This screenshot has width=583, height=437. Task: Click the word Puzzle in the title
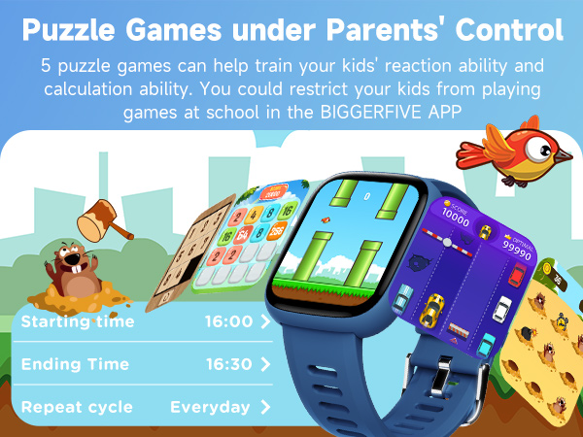pyautogui.click(x=74, y=28)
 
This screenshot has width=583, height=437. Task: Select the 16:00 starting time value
pyautogui.click(x=228, y=321)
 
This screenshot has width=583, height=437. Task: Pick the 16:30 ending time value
pyautogui.click(x=228, y=364)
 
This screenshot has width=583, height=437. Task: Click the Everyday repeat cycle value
pyautogui.click(x=210, y=407)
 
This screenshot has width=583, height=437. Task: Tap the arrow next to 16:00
pyautogui.click(x=265, y=321)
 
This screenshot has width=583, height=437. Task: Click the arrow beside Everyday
pyautogui.click(x=265, y=407)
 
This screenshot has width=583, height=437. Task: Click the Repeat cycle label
pyautogui.click(x=77, y=407)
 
